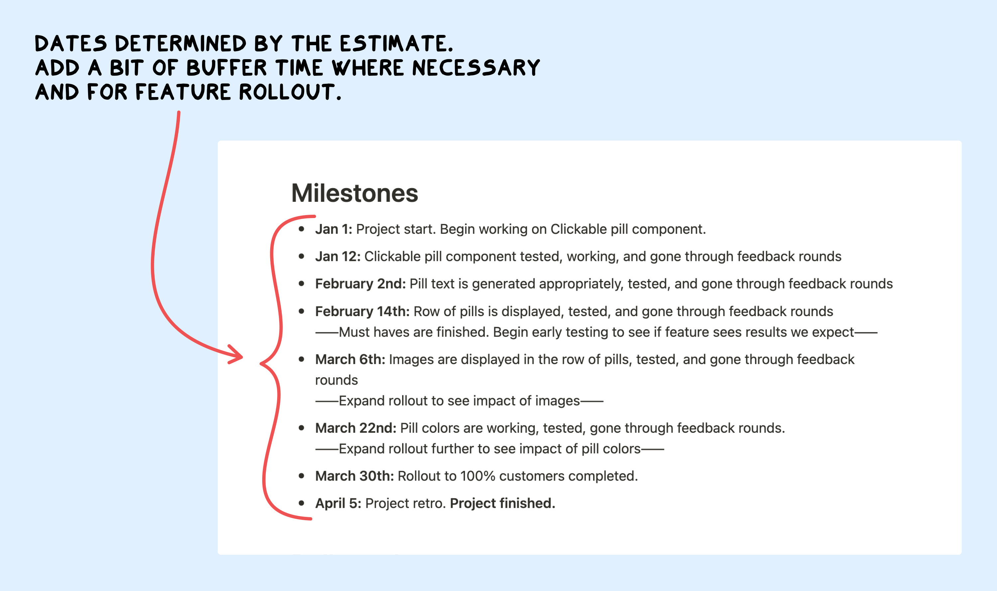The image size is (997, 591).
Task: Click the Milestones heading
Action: click(354, 193)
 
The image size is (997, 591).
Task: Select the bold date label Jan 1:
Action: click(333, 229)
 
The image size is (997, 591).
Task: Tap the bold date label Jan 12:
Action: click(338, 257)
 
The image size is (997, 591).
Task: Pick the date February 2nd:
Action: click(360, 284)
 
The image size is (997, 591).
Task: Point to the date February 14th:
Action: click(362, 311)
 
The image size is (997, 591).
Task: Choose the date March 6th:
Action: click(350, 360)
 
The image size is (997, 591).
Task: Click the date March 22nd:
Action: click(356, 428)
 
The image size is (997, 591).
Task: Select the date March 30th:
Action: click(354, 476)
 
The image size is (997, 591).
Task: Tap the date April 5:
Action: click(338, 503)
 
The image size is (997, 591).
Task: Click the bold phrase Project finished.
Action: click(502, 503)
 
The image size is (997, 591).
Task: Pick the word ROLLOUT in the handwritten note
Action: click(289, 92)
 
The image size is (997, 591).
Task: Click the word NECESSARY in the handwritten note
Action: click(476, 68)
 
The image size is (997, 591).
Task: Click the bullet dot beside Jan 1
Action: click(301, 229)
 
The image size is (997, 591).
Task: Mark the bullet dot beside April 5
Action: click(301, 503)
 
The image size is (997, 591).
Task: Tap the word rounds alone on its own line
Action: click(336, 380)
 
